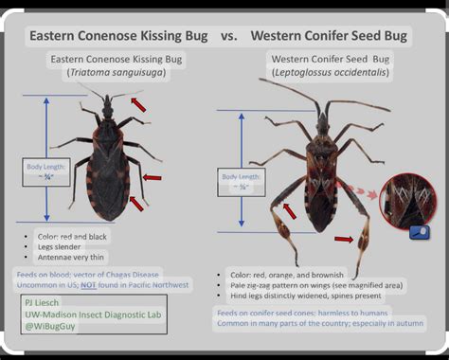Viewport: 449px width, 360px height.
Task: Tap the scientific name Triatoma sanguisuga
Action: (x=117, y=74)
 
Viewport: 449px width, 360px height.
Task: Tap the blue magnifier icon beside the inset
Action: (x=419, y=230)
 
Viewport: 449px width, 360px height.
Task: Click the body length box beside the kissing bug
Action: (x=46, y=171)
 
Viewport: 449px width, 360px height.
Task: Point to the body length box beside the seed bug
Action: (x=241, y=181)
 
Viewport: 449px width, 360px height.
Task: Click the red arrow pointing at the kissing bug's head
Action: (x=138, y=103)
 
